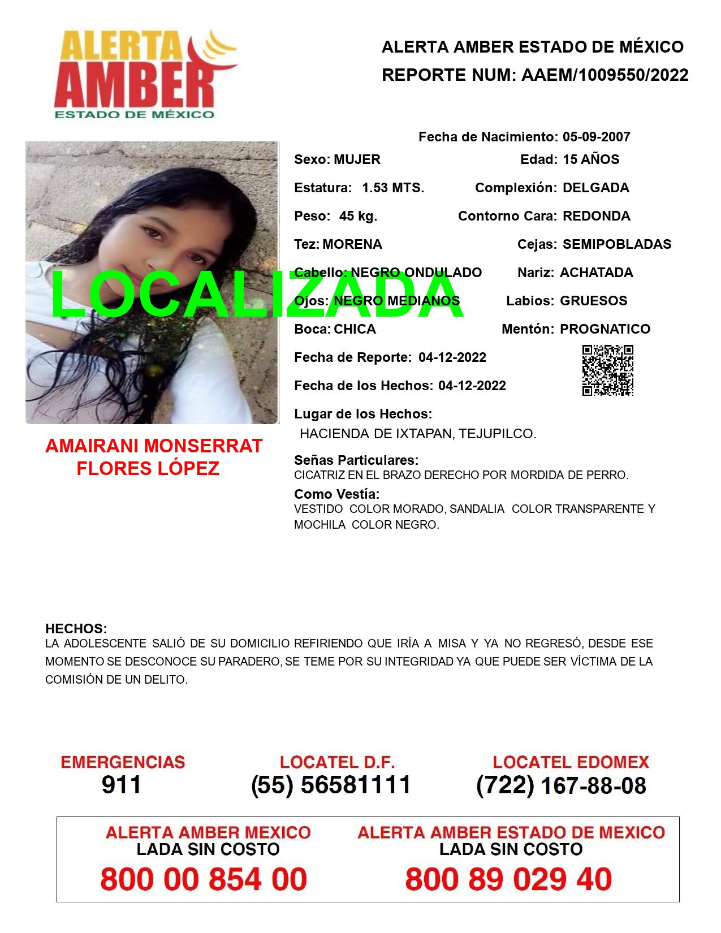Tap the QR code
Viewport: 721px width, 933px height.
608,370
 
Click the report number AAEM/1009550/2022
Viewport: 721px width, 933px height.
605,75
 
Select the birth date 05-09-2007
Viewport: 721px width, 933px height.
596,137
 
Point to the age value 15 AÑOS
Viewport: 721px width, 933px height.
591,159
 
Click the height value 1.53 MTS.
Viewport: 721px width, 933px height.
393,188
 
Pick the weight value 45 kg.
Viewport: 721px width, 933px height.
358,216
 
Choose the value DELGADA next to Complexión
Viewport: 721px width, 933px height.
595,188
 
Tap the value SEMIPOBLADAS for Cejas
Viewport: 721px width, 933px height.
617,244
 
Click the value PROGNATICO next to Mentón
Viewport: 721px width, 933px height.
605,329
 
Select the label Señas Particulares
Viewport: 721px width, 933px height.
356,460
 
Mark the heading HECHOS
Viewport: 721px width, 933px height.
76,629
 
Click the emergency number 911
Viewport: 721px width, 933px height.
122,785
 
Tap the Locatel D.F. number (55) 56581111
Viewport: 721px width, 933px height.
331,785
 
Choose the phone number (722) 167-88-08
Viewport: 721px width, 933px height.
561,785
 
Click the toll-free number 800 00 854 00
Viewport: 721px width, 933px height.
204,879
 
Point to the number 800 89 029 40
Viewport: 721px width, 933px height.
508,879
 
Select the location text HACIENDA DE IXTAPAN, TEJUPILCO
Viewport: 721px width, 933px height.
418,434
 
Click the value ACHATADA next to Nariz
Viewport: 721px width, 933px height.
596,273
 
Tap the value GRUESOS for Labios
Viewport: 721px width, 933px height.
593,301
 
